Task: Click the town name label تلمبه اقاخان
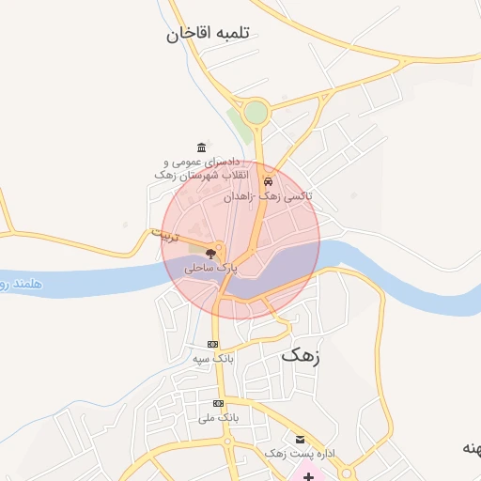coord(211,35)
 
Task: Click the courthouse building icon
coord(201,147)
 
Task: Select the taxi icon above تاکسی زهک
coord(269,182)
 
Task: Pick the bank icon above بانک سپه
coord(213,344)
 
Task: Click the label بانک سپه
coord(212,359)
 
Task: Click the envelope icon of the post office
coord(300,440)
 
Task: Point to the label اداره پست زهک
coord(301,454)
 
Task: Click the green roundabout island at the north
coord(255,113)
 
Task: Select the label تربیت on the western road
coord(163,236)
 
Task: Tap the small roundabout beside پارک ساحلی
coord(218,250)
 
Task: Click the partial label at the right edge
coord(470,448)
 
